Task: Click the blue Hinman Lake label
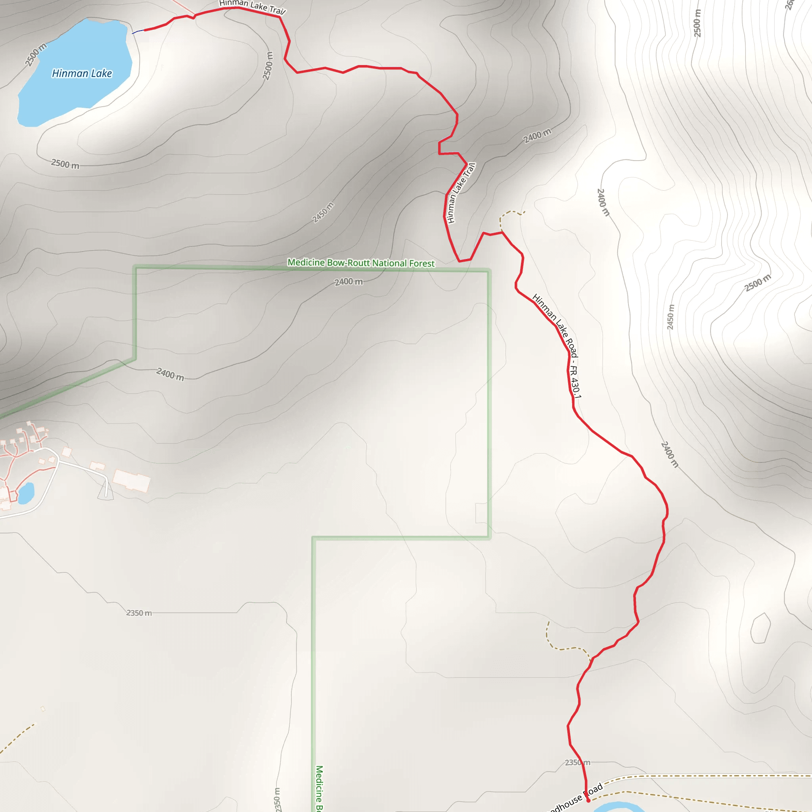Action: click(x=82, y=74)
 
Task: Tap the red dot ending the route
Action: click(x=588, y=800)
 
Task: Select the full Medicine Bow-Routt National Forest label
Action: click(x=361, y=263)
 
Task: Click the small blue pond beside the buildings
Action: click(x=26, y=493)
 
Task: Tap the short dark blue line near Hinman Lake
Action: click(x=138, y=32)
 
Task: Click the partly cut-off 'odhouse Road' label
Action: click(x=576, y=799)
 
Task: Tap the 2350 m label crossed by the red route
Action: click(x=577, y=762)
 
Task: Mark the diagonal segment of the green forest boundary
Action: click(x=67, y=389)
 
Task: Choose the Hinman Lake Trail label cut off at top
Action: click(x=252, y=6)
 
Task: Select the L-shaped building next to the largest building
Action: click(x=98, y=466)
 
